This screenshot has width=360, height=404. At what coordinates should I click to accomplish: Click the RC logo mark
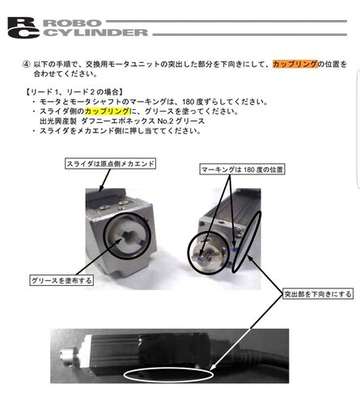tap(23, 27)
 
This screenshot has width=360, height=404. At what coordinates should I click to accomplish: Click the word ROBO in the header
tap(72, 23)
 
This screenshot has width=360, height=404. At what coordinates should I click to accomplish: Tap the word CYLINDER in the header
tap(95, 32)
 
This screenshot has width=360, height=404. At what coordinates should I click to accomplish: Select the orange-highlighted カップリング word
tap(295, 64)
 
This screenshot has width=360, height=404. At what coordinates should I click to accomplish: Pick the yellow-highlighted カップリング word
tap(107, 111)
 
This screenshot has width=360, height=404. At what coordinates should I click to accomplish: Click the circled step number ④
tap(26, 65)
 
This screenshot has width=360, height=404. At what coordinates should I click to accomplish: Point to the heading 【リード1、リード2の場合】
tap(74, 92)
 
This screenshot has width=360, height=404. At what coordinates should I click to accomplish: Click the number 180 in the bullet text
tap(188, 102)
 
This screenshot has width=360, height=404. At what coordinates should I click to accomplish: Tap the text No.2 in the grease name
tap(165, 121)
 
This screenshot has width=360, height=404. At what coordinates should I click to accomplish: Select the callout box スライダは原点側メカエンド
tap(111, 163)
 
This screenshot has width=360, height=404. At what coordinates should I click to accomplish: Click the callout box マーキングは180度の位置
tap(242, 170)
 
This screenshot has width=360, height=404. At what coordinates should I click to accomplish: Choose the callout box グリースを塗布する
tap(61, 280)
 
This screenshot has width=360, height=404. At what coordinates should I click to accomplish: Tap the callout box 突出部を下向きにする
tap(318, 294)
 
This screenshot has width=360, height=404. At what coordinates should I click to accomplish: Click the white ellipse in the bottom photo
tap(168, 369)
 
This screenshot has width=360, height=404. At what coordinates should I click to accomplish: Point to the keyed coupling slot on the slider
tap(129, 236)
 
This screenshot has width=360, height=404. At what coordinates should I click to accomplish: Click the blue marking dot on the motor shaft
tap(201, 258)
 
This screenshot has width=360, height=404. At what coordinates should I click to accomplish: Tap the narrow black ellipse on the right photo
tap(247, 242)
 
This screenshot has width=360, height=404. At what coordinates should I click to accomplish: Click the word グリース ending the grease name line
tap(190, 121)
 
